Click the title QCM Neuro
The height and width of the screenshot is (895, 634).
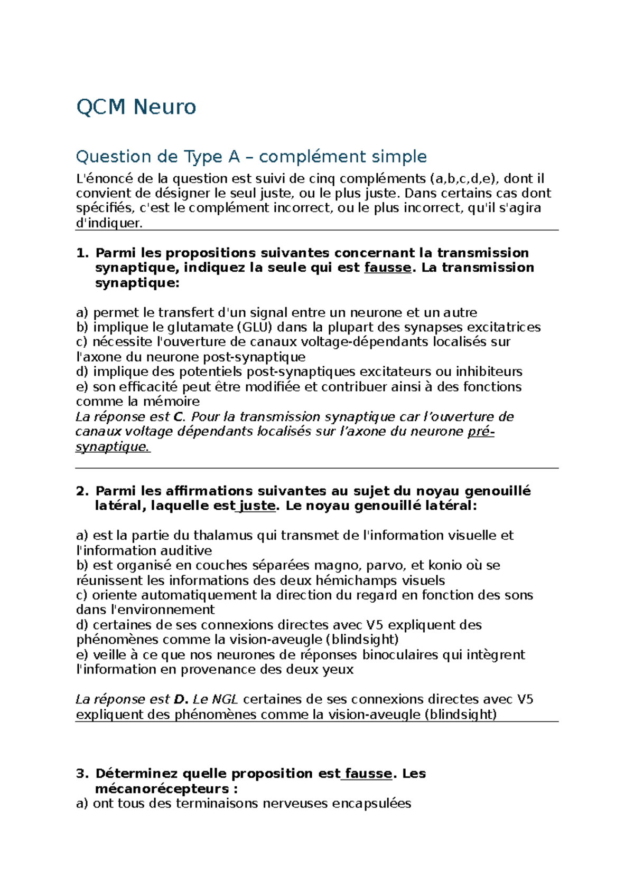136,107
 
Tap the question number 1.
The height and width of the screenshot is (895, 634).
82,253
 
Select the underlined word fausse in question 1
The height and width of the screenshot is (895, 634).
387,268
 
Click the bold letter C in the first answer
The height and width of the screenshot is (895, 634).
179,417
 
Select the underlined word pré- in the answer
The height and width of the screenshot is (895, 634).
481,432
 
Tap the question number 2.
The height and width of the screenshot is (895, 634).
82,491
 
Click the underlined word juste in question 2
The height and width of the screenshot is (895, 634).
257,506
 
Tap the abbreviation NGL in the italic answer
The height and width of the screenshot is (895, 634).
225,700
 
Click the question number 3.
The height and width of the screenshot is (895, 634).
82,774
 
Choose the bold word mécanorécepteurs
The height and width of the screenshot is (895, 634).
162,789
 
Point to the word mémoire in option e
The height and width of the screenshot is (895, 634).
171,402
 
